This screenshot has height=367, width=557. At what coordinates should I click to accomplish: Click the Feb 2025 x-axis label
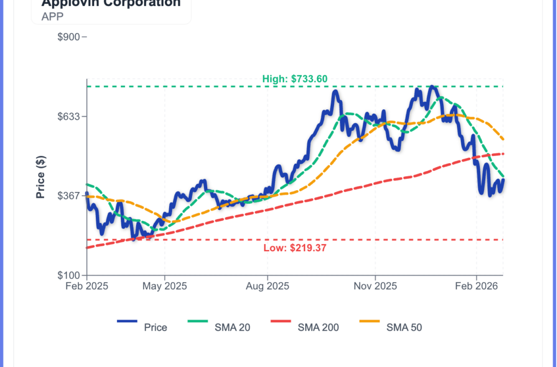click(86, 286)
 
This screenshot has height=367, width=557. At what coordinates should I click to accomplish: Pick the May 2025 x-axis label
click(165, 286)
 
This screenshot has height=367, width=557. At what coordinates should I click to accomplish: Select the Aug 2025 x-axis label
click(267, 286)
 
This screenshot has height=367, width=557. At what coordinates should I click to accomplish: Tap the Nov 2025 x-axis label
click(375, 286)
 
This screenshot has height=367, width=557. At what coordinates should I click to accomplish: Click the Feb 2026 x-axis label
click(476, 286)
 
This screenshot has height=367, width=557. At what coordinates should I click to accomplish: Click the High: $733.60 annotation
click(295, 79)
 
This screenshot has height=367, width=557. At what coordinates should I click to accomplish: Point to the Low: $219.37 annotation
click(295, 248)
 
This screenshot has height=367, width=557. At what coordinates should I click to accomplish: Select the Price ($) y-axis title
click(40, 177)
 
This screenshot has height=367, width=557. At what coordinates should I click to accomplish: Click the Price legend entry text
click(156, 327)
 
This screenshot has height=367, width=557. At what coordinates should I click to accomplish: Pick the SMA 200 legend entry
click(318, 327)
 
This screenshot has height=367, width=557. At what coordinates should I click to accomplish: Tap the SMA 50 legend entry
click(404, 327)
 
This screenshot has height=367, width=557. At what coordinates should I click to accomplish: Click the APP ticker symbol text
click(53, 16)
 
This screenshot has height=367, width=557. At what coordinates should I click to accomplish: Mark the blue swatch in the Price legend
click(127, 322)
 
